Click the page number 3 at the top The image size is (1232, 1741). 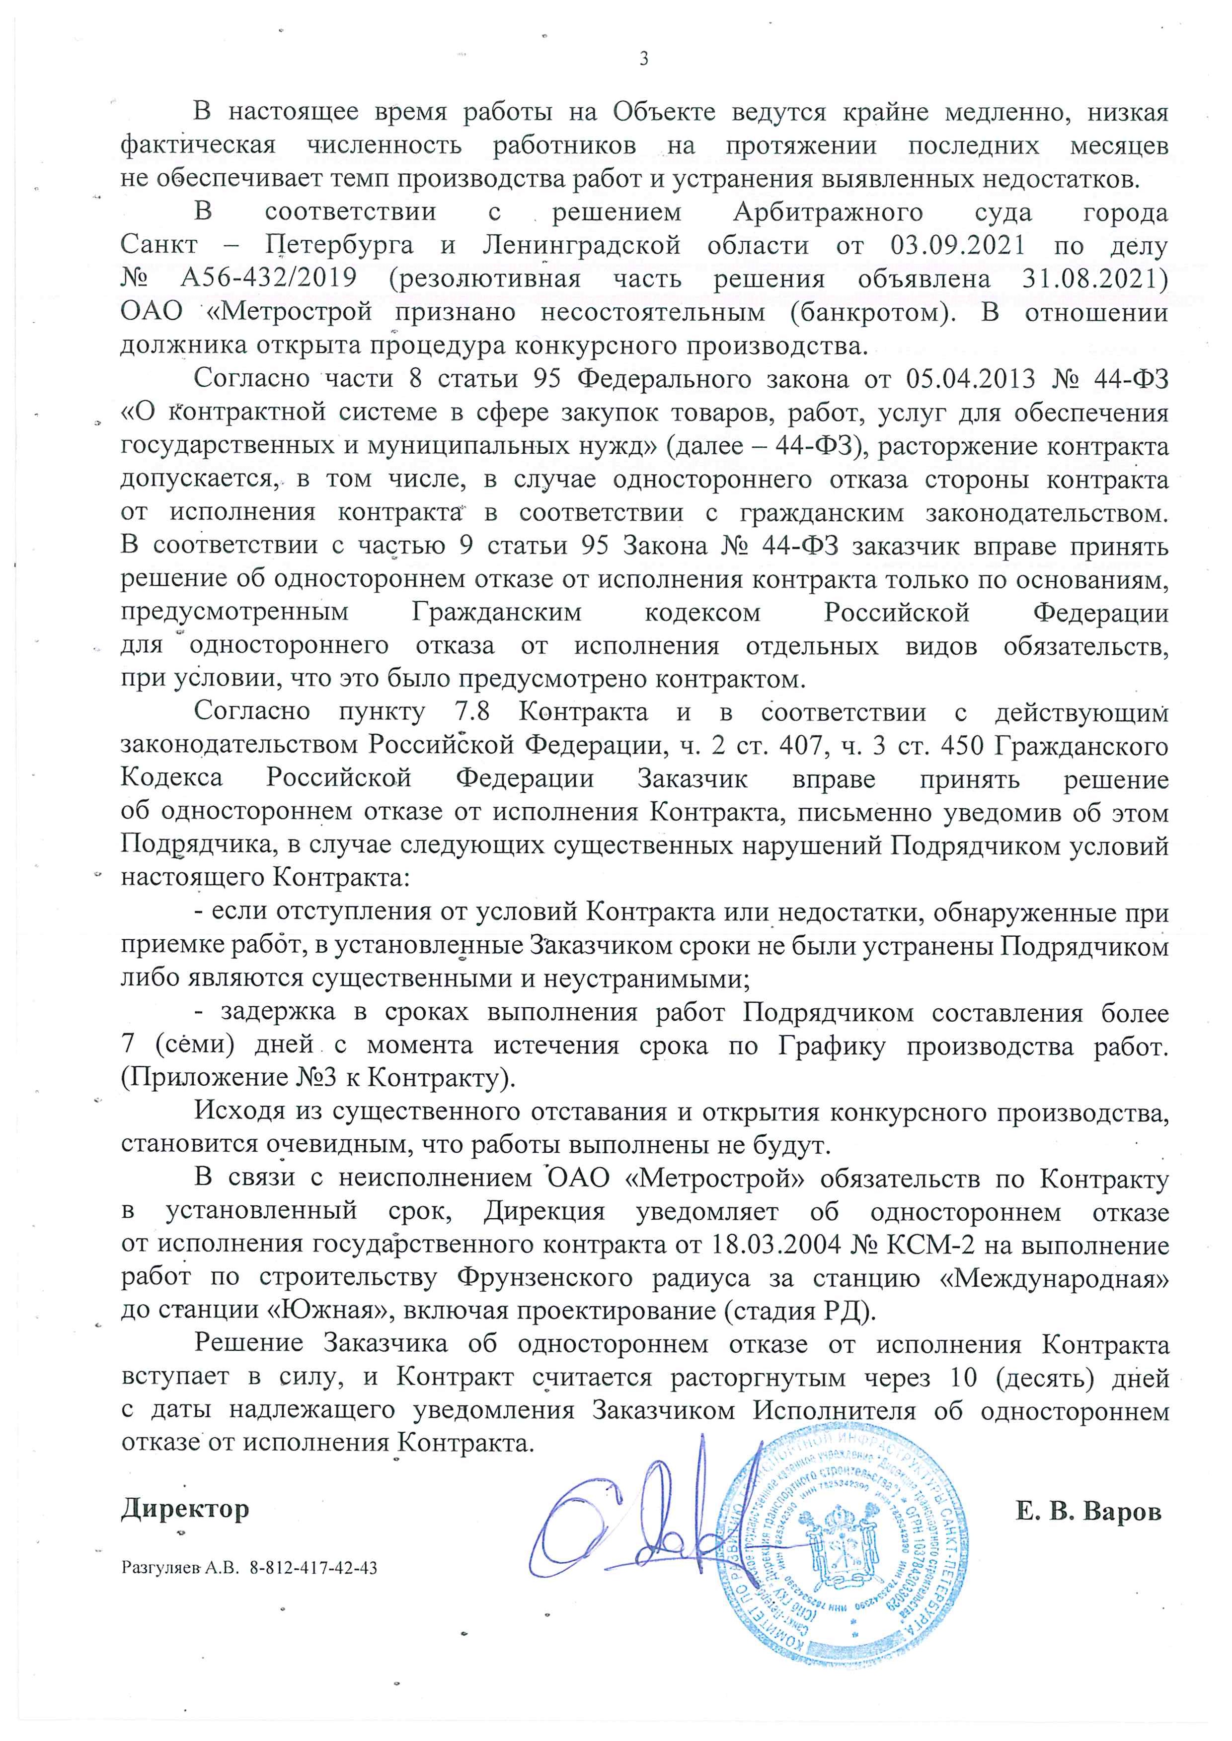tap(644, 59)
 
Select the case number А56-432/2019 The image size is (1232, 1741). tap(269, 279)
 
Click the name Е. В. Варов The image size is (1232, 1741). tap(1088, 1511)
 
